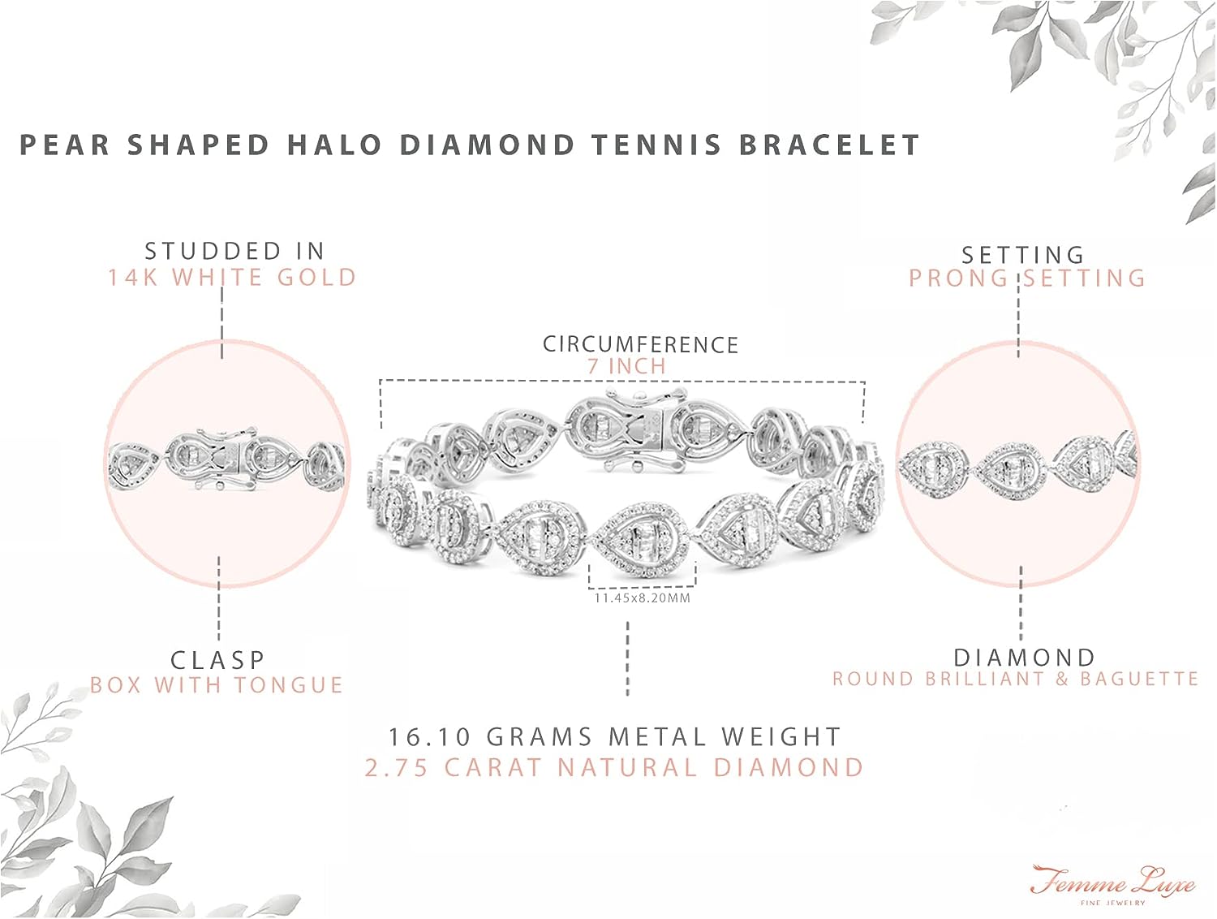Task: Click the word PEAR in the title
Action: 64,145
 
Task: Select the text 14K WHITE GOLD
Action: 232,278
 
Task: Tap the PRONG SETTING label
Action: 1026,278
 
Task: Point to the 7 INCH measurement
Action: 626,366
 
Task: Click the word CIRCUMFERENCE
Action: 640,344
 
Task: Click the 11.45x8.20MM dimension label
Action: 642,598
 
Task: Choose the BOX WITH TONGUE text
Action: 217,685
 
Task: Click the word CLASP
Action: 217,660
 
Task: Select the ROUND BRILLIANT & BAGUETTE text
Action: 1015,679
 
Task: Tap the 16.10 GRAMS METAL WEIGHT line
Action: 614,737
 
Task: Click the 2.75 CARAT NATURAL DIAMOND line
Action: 614,767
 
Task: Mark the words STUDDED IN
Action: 234,251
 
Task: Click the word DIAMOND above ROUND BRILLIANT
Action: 1024,657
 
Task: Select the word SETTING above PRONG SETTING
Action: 1022,255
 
